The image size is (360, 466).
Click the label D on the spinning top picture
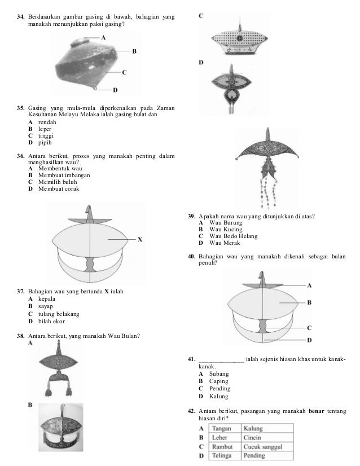pyautogui.click(x=115, y=89)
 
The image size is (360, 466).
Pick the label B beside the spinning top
pyautogui.click(x=134, y=51)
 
